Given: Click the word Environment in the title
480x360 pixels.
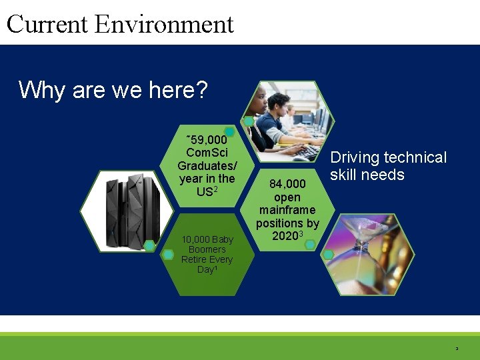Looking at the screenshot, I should (x=164, y=24).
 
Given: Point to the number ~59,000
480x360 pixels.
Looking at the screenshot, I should (x=207, y=141).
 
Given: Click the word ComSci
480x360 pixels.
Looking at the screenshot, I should (x=207, y=153).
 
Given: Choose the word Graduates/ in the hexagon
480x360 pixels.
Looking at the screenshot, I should (x=207, y=166).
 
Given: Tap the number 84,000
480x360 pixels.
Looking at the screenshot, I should (x=287, y=183).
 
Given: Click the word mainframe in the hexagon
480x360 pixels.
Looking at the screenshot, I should (x=287, y=211).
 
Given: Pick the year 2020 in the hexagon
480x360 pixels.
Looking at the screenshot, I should (x=285, y=236).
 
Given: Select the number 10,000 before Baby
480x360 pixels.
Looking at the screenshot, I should (x=195, y=240).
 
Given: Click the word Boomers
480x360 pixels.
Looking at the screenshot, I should (x=207, y=249).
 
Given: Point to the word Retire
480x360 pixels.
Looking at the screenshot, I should (x=193, y=259).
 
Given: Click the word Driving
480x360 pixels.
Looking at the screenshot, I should (x=355, y=158).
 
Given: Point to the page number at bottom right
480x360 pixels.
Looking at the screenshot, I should (x=457, y=348).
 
